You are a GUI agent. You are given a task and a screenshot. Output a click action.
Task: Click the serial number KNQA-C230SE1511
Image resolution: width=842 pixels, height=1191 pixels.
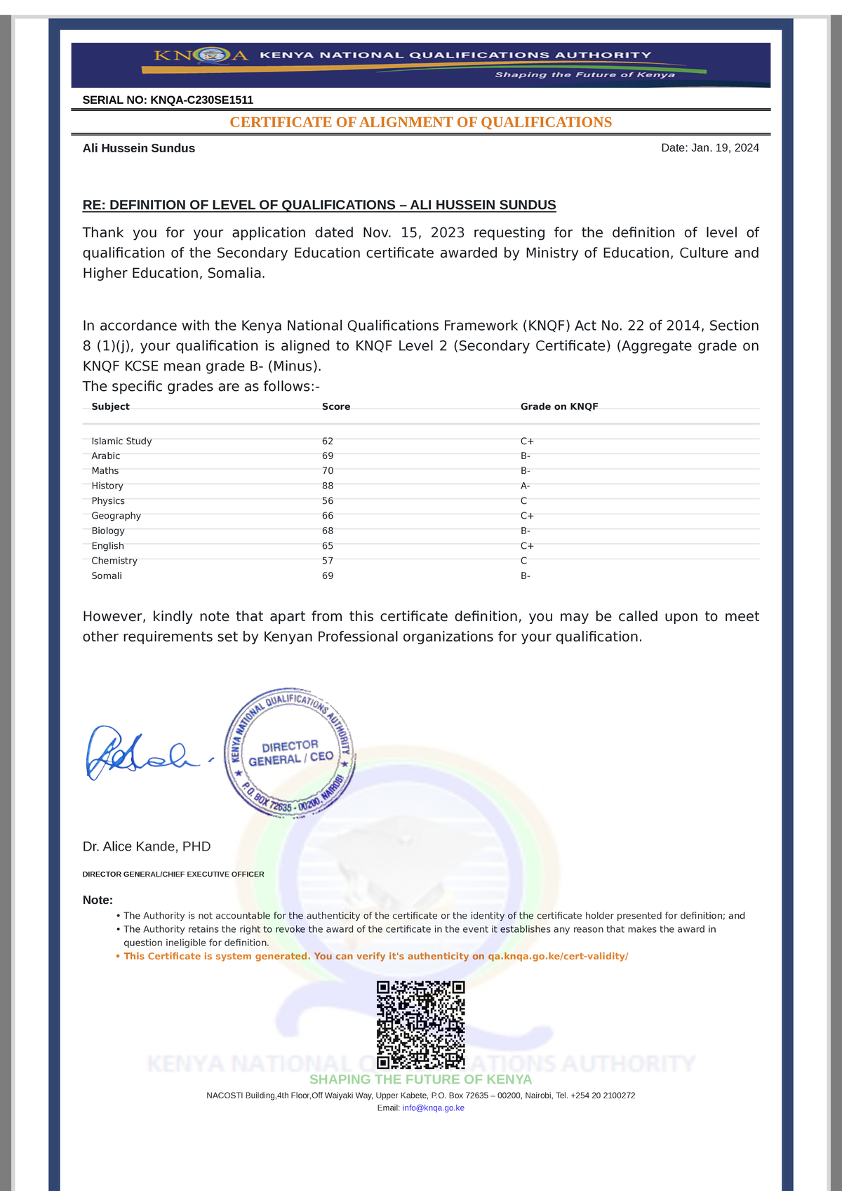click(x=202, y=100)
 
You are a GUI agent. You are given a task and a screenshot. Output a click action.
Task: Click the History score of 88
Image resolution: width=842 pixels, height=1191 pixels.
click(x=328, y=486)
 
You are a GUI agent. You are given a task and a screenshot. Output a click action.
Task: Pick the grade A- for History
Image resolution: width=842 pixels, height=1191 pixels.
click(x=526, y=486)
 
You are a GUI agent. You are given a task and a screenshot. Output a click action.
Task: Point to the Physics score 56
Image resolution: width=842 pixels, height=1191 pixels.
click(x=328, y=501)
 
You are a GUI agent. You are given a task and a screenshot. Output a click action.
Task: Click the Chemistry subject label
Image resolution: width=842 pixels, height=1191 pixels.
click(x=114, y=561)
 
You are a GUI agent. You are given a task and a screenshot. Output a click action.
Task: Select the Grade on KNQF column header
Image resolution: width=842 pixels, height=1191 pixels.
click(x=559, y=407)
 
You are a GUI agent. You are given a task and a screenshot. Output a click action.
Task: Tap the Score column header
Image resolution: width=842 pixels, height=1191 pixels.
click(x=336, y=407)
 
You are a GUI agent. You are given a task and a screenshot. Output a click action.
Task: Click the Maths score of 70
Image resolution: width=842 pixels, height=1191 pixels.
click(x=328, y=471)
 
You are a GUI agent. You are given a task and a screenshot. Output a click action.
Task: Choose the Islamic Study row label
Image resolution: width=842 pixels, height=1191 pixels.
click(x=121, y=441)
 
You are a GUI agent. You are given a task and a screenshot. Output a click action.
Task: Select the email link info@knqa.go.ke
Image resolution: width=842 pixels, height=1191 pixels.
click(x=433, y=1108)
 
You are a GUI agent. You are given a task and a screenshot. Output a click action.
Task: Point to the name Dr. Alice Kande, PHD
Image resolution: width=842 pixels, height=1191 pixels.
click(x=147, y=847)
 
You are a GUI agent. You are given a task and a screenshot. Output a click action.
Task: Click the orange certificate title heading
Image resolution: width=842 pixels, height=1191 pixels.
click(x=421, y=123)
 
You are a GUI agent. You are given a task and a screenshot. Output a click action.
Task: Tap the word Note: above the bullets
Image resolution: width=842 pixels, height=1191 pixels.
click(x=98, y=900)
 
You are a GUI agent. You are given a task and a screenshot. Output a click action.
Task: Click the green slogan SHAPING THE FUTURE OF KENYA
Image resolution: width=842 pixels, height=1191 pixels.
click(x=421, y=1080)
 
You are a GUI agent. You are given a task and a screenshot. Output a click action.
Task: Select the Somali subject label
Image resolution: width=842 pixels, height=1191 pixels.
click(x=107, y=576)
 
